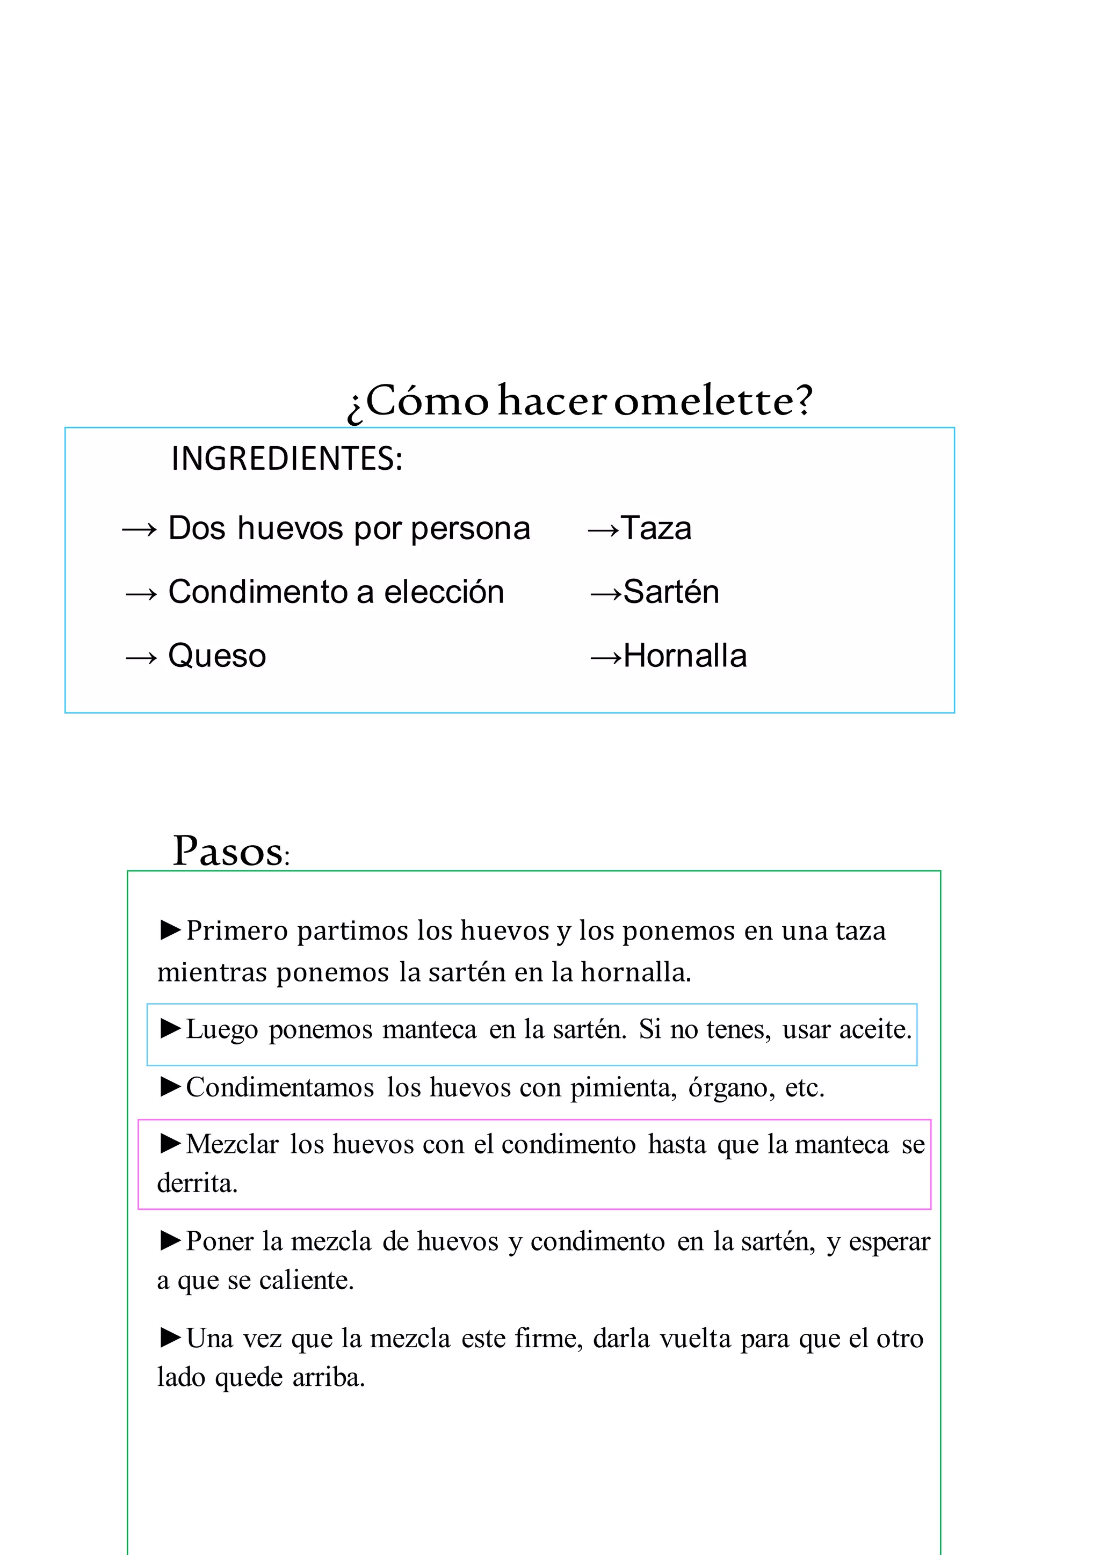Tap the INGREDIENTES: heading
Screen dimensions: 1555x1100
286,459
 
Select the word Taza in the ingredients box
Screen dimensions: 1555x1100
656,528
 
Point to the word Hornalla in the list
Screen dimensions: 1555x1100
685,656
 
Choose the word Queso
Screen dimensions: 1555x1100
217,656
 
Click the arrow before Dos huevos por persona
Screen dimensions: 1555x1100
139,529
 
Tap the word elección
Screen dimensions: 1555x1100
444,592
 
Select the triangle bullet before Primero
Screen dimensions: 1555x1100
170,929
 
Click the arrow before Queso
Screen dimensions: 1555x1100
141,656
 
